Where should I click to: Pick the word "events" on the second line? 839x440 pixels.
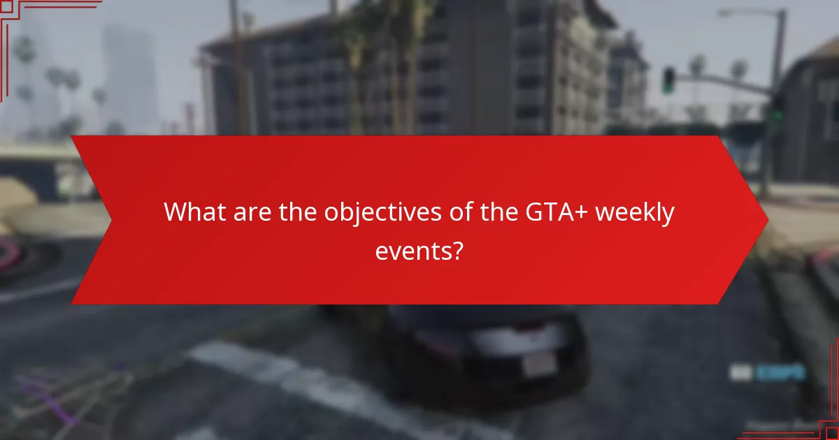(413, 250)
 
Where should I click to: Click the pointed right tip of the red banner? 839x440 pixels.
(767, 220)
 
